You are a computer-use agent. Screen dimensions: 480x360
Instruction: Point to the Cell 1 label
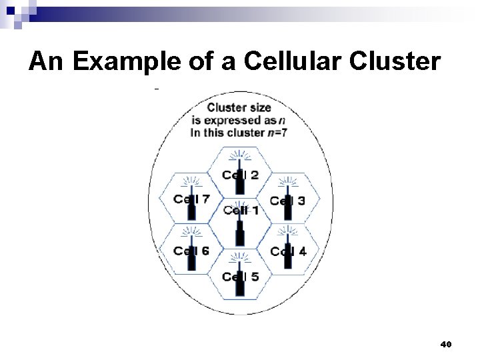point(241,211)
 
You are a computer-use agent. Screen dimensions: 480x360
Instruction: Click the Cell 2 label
point(241,175)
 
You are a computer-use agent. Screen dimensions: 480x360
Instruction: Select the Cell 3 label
point(288,200)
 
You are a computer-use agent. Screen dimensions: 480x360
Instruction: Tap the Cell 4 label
point(288,251)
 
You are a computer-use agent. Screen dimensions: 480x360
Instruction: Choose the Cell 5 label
point(241,277)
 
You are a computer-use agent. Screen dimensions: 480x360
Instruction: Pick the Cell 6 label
point(191,251)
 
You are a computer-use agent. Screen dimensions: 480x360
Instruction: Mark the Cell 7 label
point(191,199)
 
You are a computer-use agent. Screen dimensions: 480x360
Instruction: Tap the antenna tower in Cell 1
point(240,233)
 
